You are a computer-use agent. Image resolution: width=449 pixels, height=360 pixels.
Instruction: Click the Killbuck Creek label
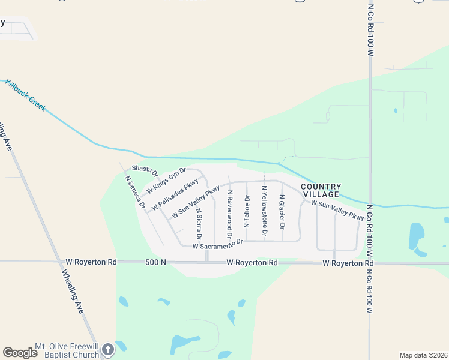pyautogui.click(x=26, y=95)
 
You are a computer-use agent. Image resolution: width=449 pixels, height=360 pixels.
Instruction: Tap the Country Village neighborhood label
pyautogui.click(x=321, y=191)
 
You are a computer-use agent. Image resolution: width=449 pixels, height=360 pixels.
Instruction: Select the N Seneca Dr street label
pyautogui.click(x=135, y=191)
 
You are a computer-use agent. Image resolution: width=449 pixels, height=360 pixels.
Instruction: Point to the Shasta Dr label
pyautogui.click(x=145, y=171)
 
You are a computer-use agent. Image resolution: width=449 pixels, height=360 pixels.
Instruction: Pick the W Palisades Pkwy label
pyautogui.click(x=175, y=195)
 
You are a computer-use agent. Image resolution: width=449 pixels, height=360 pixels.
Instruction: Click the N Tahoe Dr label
pyautogui.click(x=246, y=211)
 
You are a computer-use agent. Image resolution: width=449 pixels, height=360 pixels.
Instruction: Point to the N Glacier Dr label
pyautogui.click(x=282, y=211)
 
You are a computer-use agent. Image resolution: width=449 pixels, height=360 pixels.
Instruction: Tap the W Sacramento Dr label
pyautogui.click(x=217, y=244)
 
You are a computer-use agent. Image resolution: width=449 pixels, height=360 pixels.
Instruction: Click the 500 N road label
pyautogui.click(x=155, y=262)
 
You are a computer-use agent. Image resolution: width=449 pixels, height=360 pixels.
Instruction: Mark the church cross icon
pyautogui.click(x=107, y=350)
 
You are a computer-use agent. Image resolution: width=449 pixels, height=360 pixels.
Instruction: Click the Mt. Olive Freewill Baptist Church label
pyautogui.click(x=67, y=350)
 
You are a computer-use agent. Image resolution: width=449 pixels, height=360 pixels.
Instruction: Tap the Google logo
pyautogui.click(x=20, y=353)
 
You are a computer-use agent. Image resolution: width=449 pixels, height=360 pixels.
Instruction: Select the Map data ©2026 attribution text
pyautogui.click(x=423, y=355)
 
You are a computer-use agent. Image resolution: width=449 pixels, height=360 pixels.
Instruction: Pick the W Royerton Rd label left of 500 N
pyautogui.click(x=91, y=262)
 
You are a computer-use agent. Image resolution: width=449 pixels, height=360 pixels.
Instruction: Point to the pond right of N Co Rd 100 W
pyautogui.click(x=417, y=236)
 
